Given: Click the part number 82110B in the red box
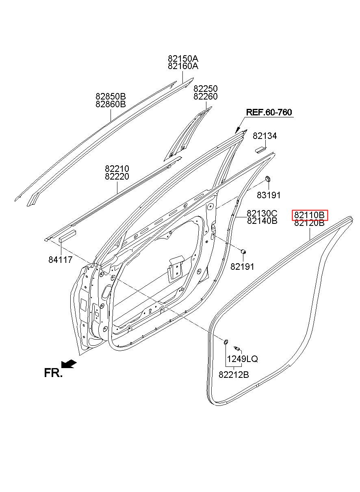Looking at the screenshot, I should coord(309,215).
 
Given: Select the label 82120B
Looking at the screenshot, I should coord(309,223).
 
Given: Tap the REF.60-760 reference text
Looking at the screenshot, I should coord(269,113).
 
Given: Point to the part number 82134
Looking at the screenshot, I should coord(265,136).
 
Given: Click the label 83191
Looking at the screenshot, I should coord(269,195).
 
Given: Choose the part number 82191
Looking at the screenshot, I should coord(242,267).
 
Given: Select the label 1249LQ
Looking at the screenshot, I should coord(242,359).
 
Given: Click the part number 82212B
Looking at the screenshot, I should coord(234,375).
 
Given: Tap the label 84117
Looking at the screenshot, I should coord(60,260).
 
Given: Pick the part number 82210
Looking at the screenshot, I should coord(117,169).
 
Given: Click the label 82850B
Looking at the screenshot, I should coord(111,97).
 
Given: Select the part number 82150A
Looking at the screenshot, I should coord(183,59).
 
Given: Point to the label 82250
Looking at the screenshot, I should coord(205,89).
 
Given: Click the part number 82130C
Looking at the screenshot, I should coord(262,213).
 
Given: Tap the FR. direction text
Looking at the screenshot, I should coord(53,373).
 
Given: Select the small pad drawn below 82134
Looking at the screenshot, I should coord(260,149).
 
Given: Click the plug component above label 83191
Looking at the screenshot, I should coord(268,179).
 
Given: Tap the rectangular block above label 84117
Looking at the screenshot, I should coord(67,236).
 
